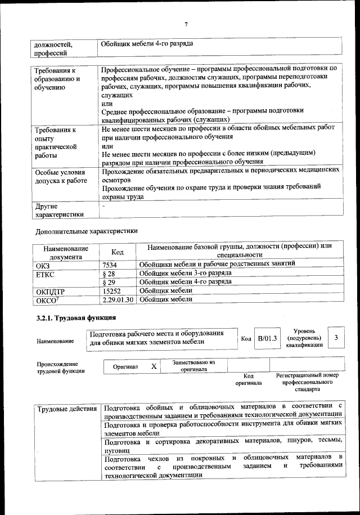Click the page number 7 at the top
click(185, 24)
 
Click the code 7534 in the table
click(111, 263)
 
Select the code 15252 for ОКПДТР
click(112, 290)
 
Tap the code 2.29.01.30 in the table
click(118, 299)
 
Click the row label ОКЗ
click(43, 264)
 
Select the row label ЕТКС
click(45, 274)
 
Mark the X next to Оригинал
click(153, 366)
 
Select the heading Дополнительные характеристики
click(86, 231)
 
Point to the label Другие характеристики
click(59, 210)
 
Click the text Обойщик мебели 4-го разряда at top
click(147, 43)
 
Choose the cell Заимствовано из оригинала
click(193, 366)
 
